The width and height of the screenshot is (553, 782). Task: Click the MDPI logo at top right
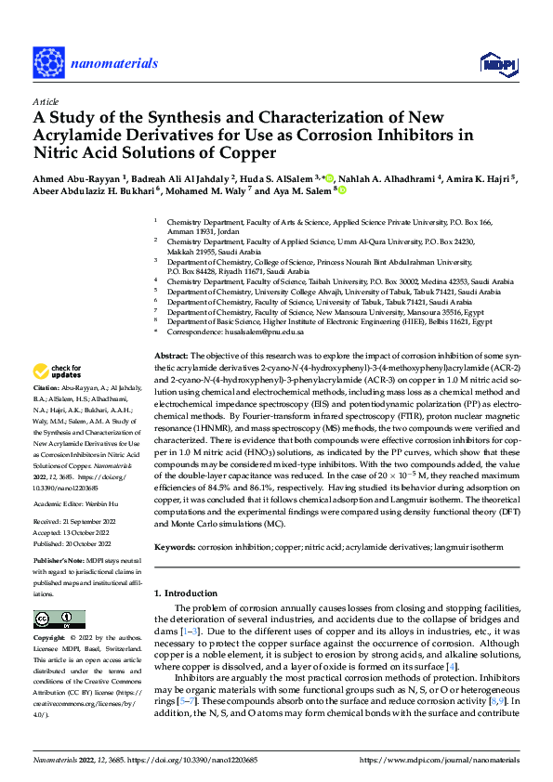tap(496, 62)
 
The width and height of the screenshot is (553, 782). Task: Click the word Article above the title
tap(45, 102)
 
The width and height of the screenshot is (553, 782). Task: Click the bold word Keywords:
tap(175, 523)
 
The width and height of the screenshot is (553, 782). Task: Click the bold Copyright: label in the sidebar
tap(49, 639)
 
